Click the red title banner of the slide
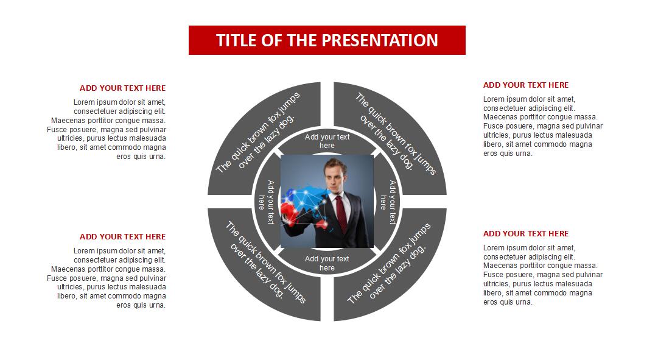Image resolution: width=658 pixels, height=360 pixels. [x=327, y=40]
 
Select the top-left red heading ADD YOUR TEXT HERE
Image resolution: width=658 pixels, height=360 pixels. [x=122, y=88]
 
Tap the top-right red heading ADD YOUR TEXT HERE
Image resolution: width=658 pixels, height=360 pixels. [x=526, y=85]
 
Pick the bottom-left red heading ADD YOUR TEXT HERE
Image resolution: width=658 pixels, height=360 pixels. [x=122, y=237]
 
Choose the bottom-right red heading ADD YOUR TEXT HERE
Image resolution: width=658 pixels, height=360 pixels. [x=526, y=234]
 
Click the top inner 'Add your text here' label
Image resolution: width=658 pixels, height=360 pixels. [x=327, y=141]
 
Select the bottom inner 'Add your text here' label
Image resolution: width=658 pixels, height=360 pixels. [x=327, y=263]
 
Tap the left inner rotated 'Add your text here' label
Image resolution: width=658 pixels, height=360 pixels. [x=266, y=202]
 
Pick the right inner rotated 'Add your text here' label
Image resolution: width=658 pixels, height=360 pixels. [x=388, y=202]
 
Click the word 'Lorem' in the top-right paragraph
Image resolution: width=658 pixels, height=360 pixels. [x=494, y=99]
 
